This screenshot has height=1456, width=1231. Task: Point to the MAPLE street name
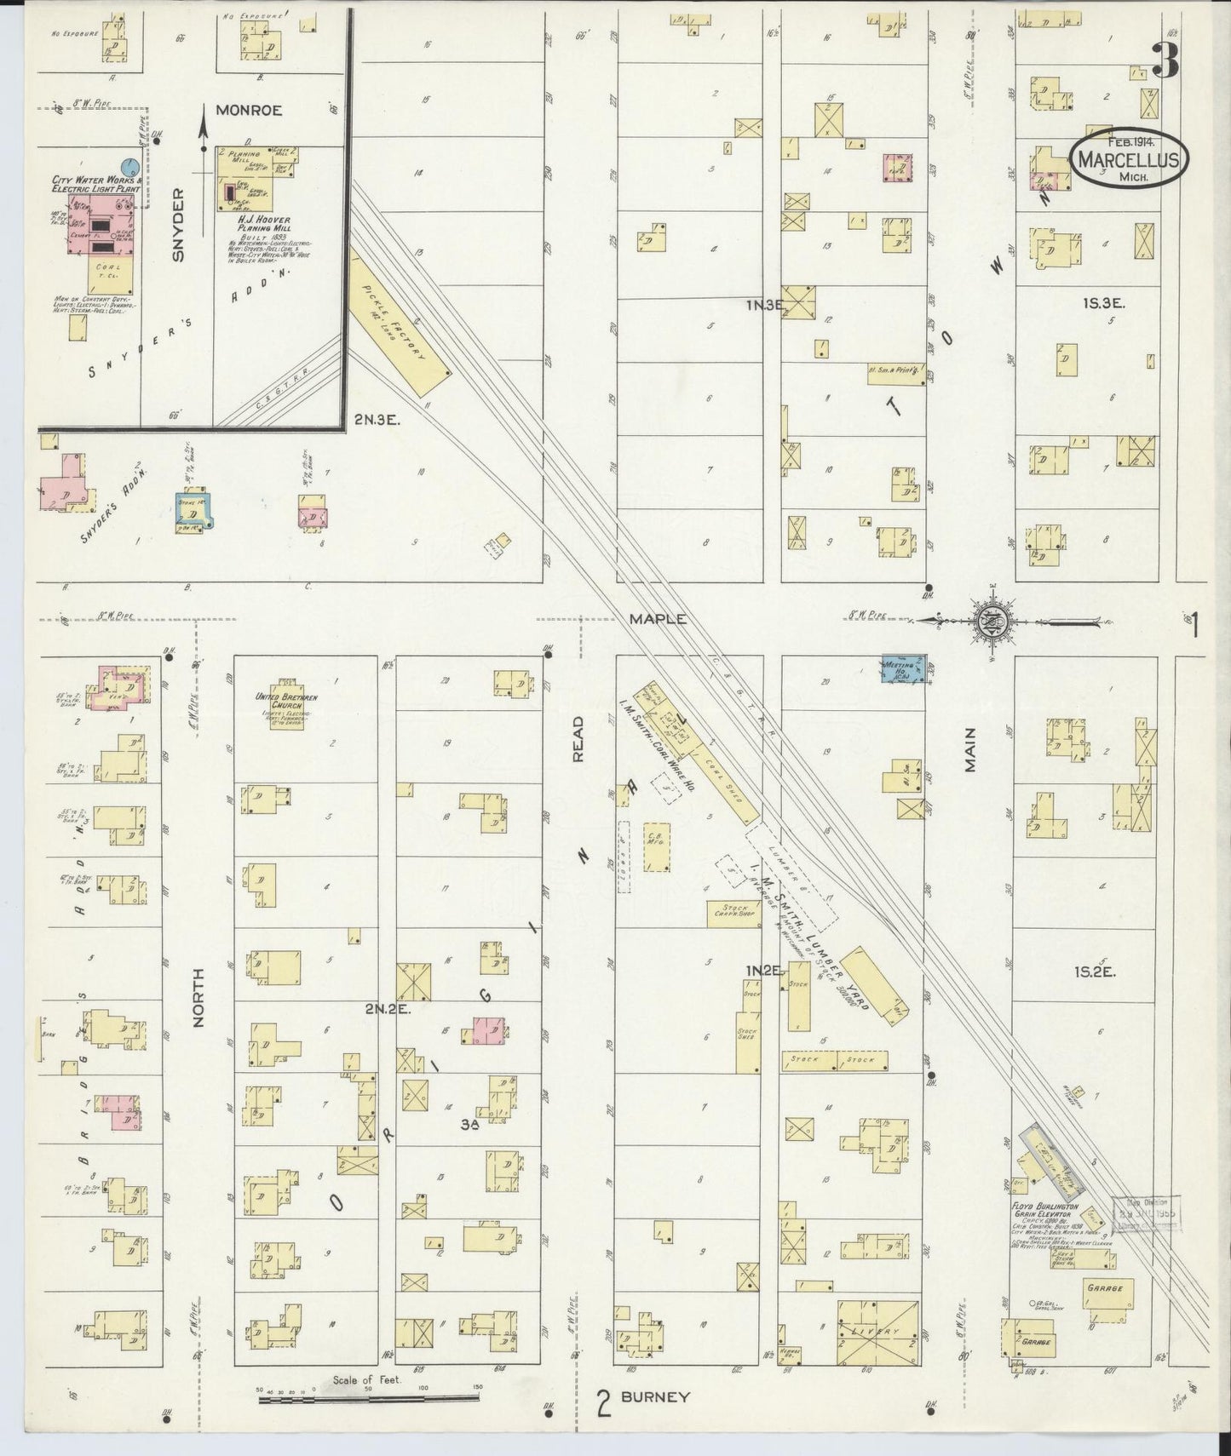point(657,619)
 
